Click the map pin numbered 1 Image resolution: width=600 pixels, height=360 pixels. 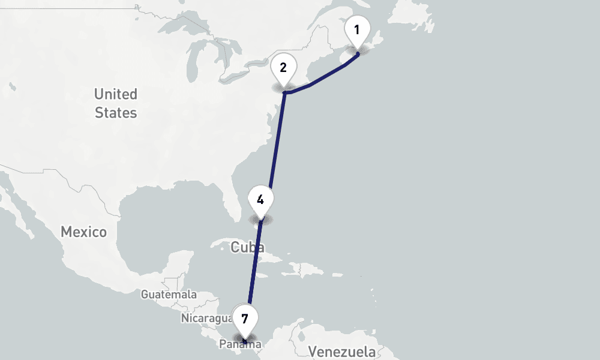pos(357,30)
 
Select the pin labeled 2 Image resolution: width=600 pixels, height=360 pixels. pos(283,68)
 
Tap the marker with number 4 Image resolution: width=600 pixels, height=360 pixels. pos(260,200)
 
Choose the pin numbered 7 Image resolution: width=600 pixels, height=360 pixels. pos(245,319)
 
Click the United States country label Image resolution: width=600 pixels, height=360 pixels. pos(116,103)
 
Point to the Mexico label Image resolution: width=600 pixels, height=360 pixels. pos(83,232)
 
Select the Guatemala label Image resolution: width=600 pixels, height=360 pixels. pos(169,295)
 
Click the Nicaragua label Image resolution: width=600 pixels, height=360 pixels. pos(206,318)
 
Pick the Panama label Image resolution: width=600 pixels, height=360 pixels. pos(239,344)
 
